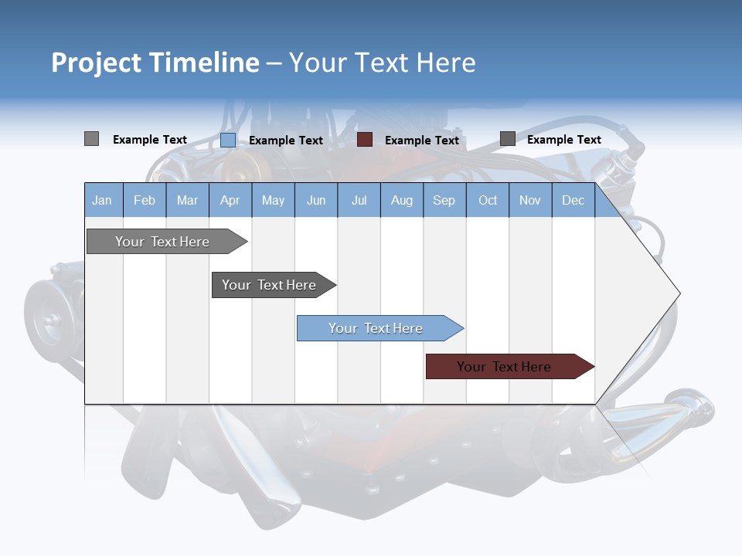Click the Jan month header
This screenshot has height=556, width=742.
point(103,200)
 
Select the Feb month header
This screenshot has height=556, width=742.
point(145,200)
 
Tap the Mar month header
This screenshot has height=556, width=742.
point(187,200)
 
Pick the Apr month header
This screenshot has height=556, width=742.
point(230,200)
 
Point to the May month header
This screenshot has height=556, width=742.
point(273,200)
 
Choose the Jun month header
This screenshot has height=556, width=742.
point(316,200)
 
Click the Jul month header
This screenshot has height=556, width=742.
point(359,200)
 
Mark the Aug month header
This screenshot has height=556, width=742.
point(402,200)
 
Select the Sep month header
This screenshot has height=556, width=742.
point(444,200)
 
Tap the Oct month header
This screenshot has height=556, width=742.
point(488,200)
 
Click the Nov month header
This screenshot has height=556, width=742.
point(530,200)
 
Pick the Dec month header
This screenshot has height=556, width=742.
point(574,200)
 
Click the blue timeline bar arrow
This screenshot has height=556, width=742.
point(379,328)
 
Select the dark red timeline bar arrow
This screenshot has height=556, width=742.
point(509,367)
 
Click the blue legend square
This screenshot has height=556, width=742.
point(228,140)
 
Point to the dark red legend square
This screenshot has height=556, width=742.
point(365,139)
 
